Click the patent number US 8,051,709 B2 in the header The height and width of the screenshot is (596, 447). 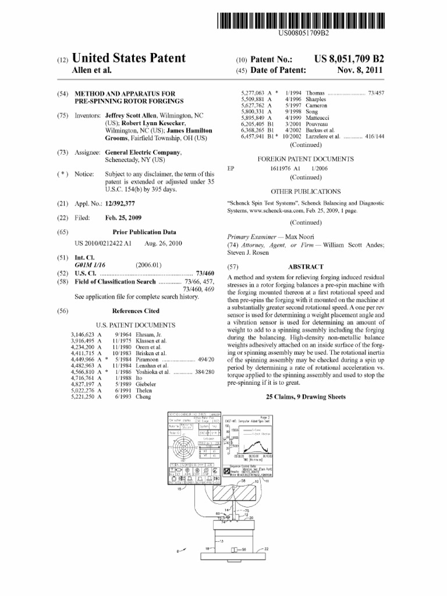point(349,59)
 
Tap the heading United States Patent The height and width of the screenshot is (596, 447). point(128,59)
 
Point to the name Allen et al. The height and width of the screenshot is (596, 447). point(91,70)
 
